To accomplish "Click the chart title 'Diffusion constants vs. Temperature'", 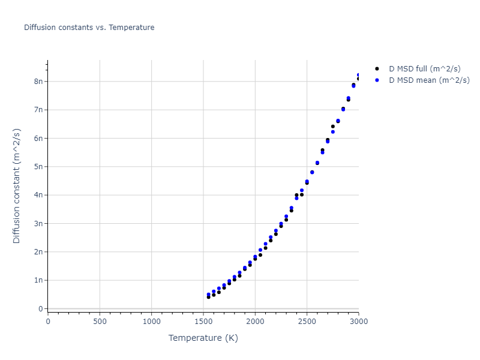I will click(x=89, y=28).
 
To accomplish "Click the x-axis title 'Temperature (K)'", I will click(x=203, y=338).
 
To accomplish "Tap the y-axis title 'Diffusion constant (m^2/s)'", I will click(x=17, y=185).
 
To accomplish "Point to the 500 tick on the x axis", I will click(x=100, y=321).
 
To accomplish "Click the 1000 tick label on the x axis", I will click(x=151, y=321).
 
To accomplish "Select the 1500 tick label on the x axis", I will click(x=203, y=321).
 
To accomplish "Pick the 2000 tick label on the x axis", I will click(x=255, y=321).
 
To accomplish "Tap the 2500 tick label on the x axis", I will click(x=307, y=321).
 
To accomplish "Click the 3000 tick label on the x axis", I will click(x=358, y=321).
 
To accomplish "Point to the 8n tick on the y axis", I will click(x=38, y=81).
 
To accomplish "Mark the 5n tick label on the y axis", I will click(x=38, y=166).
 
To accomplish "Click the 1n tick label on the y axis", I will click(x=38, y=280).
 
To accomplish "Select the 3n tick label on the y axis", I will click(x=38, y=223).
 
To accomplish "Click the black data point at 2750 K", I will click(x=332, y=127).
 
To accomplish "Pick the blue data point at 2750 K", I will click(x=333, y=132).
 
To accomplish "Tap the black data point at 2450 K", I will click(x=302, y=194).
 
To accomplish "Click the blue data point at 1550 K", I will click(x=209, y=295).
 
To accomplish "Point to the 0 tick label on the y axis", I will click(x=40, y=308).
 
